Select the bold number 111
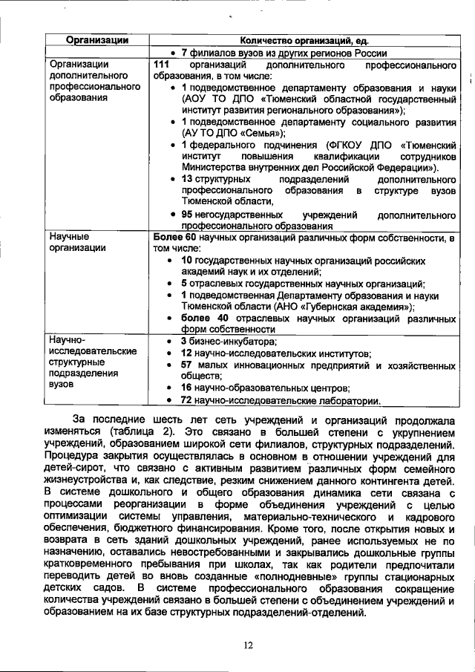[162, 65]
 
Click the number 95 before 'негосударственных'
[189, 215]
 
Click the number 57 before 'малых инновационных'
[188, 365]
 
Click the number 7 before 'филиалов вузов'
[183, 53]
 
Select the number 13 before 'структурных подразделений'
[188, 180]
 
